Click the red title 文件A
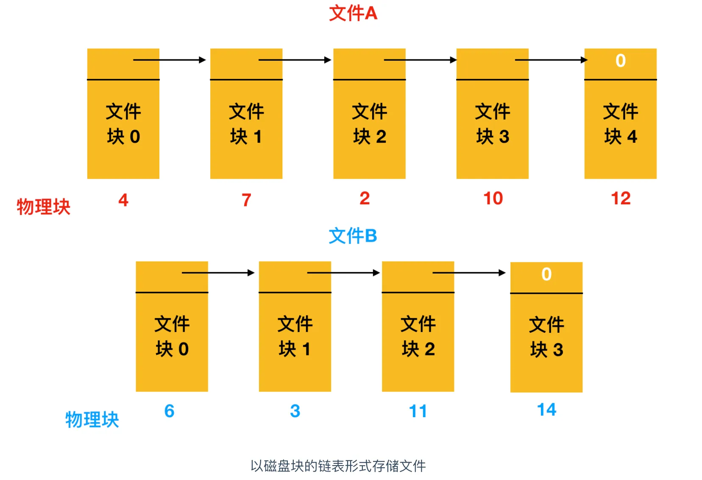(353, 14)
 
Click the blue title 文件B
(353, 236)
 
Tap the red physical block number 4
(123, 200)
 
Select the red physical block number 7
(246, 200)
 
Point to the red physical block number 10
(493, 198)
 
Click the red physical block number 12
(621, 198)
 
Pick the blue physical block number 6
(169, 411)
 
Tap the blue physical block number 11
(418, 411)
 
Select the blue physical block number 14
(546, 410)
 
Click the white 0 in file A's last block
(621, 61)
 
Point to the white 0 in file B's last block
(546, 274)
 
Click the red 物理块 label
(43, 207)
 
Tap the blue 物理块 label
(92, 420)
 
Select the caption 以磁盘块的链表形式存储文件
(338, 466)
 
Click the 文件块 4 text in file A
(621, 124)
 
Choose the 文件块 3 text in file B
(546, 337)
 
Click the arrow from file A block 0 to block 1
(169, 60)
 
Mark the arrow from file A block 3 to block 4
(551, 60)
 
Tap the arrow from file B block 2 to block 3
(469, 273)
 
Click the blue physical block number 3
(295, 411)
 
